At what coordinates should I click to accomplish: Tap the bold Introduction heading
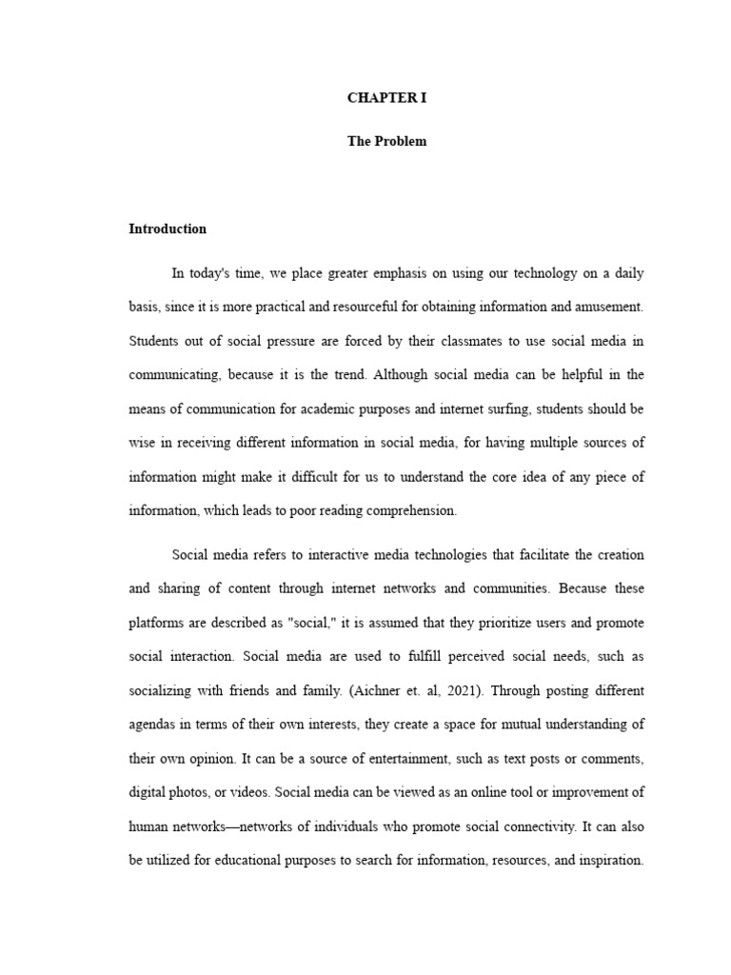tap(168, 229)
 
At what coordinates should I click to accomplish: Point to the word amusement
tap(611, 306)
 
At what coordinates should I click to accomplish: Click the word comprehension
tap(411, 510)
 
